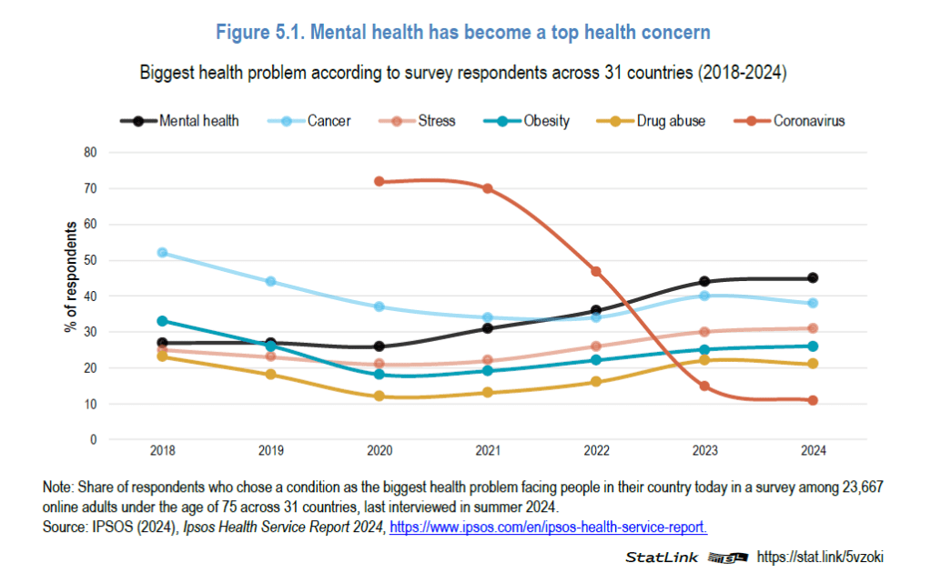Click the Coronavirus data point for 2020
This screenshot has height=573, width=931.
[379, 182]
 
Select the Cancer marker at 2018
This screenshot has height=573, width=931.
[163, 253]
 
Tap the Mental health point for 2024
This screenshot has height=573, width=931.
[813, 278]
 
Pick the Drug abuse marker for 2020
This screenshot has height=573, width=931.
[379, 397]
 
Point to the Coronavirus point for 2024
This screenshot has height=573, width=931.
[813, 400]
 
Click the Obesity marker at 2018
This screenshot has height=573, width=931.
[163, 321]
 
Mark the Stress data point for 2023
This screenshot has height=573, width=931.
[704, 332]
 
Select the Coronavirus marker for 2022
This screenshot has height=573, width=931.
[596, 271]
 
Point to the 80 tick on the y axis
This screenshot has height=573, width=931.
[90, 153]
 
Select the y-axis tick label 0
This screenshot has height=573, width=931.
[93, 440]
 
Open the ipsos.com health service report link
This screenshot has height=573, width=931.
[548, 527]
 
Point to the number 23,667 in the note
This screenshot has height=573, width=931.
[859, 488]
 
